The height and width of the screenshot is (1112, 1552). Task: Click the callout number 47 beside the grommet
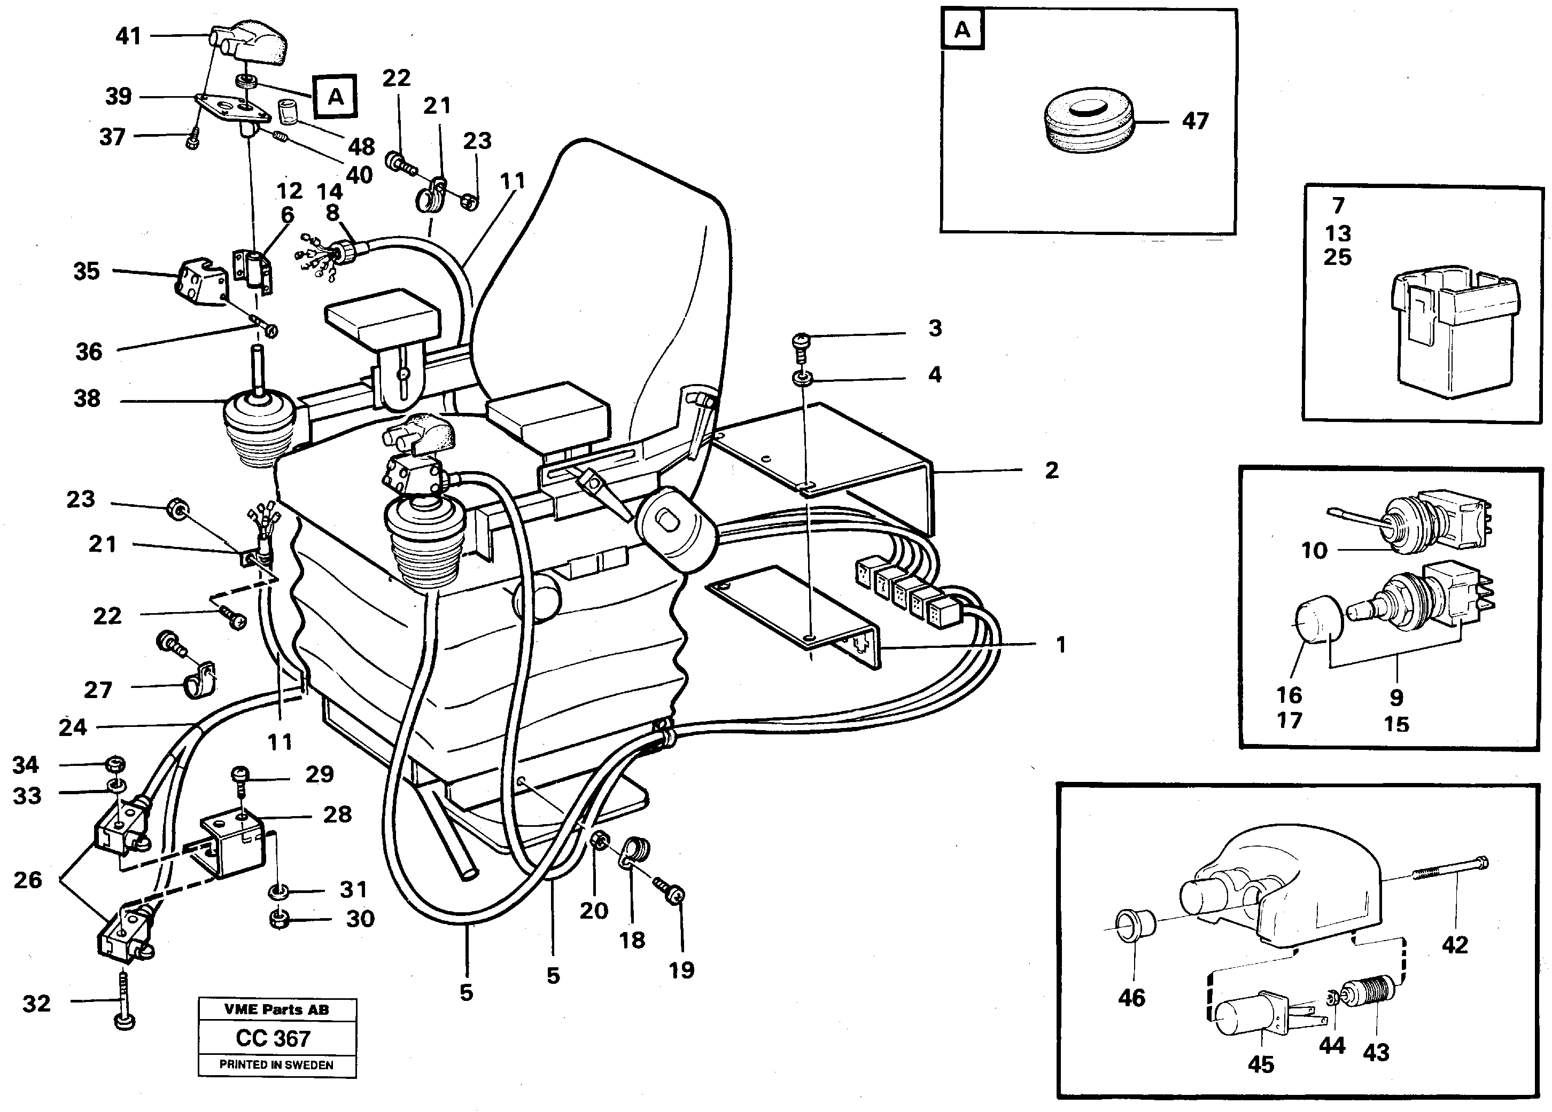1195,122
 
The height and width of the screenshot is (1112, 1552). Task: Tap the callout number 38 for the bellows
87,398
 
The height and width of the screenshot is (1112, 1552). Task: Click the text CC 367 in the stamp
273,1038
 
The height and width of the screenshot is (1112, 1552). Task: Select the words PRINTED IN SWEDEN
276,1065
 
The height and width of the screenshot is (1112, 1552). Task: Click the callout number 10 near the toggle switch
1313,550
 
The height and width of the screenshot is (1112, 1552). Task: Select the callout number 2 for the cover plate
1052,470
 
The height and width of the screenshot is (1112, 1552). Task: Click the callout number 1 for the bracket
1061,644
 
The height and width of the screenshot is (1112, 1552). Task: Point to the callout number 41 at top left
128,36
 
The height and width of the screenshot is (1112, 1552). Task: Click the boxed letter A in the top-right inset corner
962,30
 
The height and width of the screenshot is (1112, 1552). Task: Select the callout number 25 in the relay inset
1337,258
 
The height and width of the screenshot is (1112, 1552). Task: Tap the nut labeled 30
278,919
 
